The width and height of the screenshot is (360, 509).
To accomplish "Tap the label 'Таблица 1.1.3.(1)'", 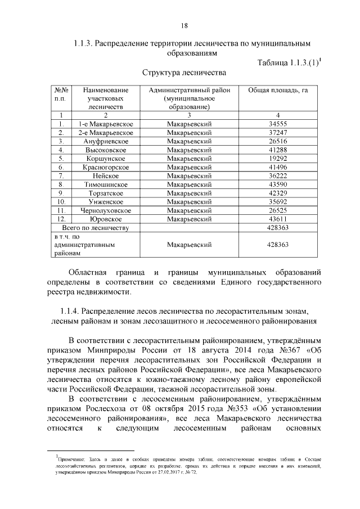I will pyautogui.click(x=287, y=62).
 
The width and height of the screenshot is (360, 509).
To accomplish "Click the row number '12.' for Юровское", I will pyautogui.click(x=62, y=219).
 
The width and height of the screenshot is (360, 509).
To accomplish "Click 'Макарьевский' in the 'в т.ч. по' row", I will pyautogui.click(x=189, y=245).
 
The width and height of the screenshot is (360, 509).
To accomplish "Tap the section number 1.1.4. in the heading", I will pyautogui.click(x=69, y=311).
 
